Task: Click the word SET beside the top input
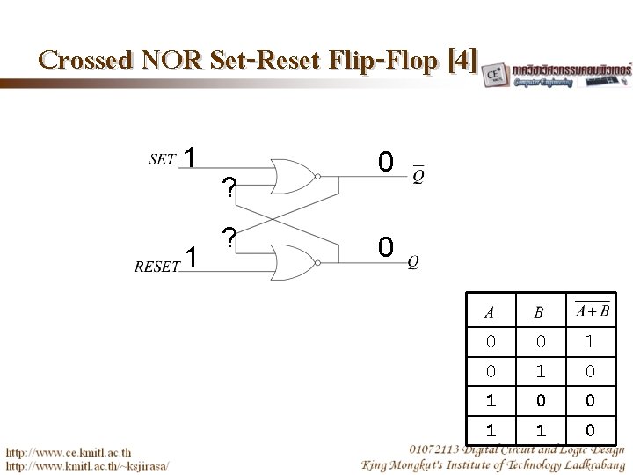[x=162, y=159]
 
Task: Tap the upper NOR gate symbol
[x=295, y=176]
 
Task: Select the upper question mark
[x=229, y=188]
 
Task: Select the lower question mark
[x=229, y=238]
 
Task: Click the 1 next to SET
[x=189, y=157]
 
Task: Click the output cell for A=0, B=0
[x=590, y=340]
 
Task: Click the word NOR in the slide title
[x=167, y=60]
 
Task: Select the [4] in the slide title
[x=462, y=60]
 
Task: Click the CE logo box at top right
[x=495, y=74]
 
